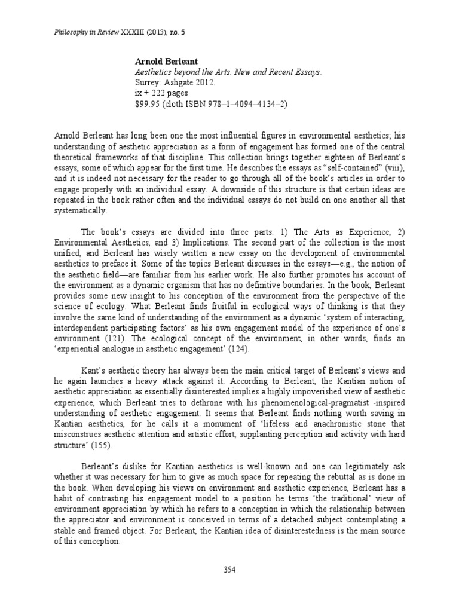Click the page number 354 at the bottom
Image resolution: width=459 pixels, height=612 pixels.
(229, 570)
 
